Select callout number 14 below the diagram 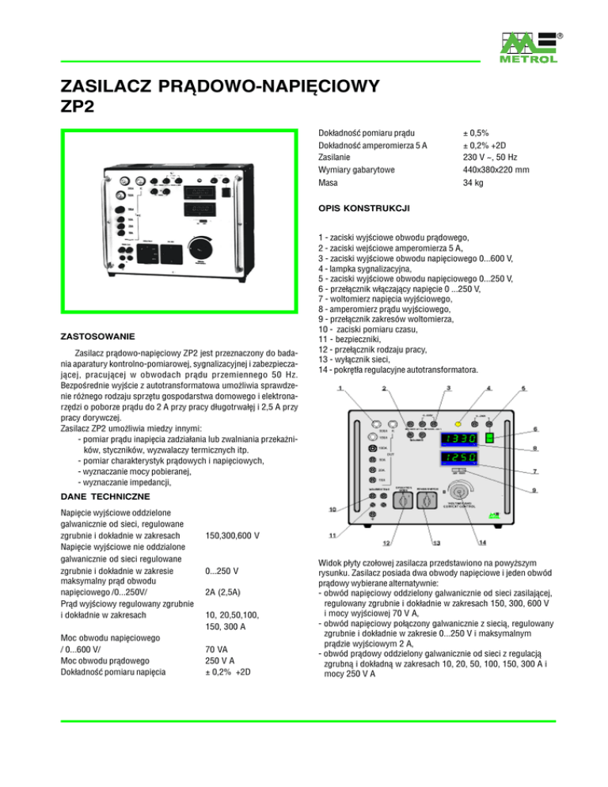click(x=482, y=542)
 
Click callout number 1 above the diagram click(x=339, y=389)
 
